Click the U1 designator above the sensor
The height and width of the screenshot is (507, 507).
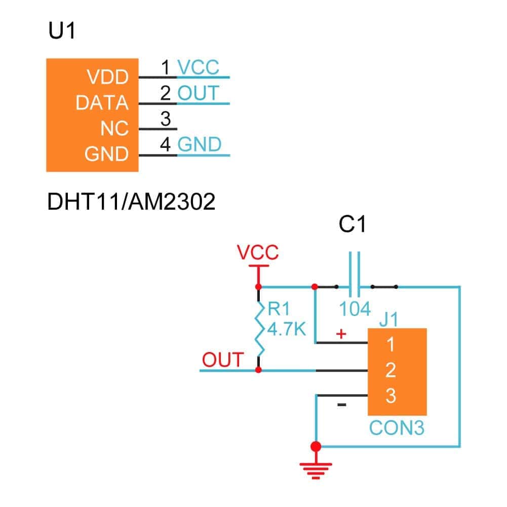pos(62,32)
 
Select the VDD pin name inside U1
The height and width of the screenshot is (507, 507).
pos(108,78)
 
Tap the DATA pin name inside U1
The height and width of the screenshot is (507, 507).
pos(102,103)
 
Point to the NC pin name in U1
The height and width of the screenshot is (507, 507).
pos(114,129)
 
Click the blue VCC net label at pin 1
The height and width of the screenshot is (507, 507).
pos(199,68)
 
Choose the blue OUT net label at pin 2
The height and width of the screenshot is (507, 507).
pos(198,94)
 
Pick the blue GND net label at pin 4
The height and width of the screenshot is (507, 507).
pos(200,145)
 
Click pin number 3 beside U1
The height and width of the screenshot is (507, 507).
pos(165,120)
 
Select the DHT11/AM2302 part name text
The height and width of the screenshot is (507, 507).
pos(131,203)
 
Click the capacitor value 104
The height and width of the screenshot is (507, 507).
pos(355,309)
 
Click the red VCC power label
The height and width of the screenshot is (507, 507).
pos(258,252)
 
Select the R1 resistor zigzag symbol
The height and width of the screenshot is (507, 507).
pos(260,329)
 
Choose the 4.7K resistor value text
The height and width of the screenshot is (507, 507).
pos(287,330)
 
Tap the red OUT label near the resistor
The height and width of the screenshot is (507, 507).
pos(223,360)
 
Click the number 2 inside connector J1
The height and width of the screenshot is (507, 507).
pos(390,371)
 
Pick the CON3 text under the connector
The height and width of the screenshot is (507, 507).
pos(397,427)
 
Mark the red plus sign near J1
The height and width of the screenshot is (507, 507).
pos(341,334)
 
